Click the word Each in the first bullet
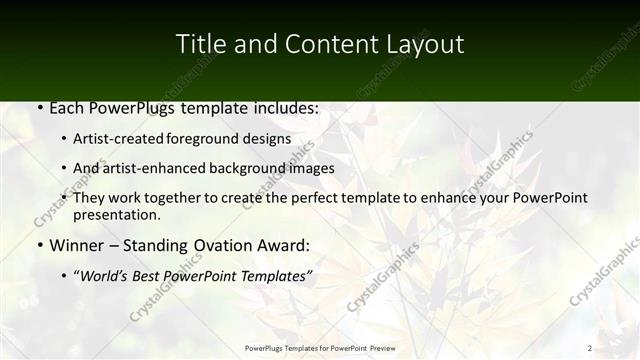click(x=68, y=108)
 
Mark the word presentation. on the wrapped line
click(x=117, y=214)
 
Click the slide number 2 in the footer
click(x=590, y=347)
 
